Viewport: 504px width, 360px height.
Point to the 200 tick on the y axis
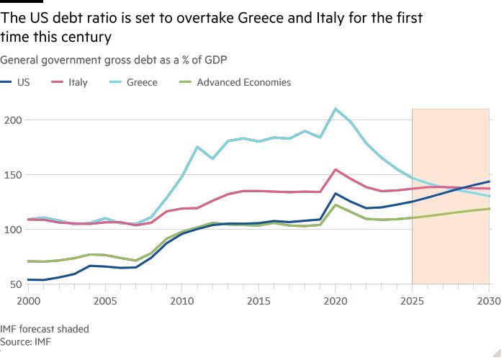click(x=13, y=120)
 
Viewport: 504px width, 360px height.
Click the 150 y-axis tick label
click(x=13, y=175)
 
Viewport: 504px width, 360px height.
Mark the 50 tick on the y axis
click(x=16, y=284)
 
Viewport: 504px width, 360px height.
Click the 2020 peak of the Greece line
click(x=336, y=109)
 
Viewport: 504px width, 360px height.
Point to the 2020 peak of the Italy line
click(x=336, y=170)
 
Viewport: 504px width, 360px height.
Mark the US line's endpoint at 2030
click(x=489, y=181)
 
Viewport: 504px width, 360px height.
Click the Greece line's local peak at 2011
click(x=197, y=147)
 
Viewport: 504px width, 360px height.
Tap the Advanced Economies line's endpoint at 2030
click(x=489, y=209)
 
